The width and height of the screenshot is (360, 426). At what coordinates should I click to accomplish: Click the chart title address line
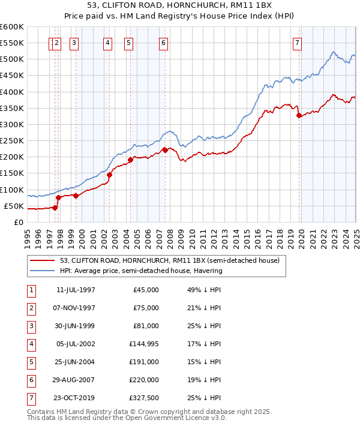(179, 7)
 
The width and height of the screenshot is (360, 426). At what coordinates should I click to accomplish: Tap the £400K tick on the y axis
(12, 92)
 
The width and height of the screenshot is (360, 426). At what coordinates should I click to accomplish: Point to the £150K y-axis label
(12, 173)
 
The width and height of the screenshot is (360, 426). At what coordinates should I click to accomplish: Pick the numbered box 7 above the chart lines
(298, 42)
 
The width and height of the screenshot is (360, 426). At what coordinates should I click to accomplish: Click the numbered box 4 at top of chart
(107, 42)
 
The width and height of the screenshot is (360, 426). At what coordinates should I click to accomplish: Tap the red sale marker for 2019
(299, 116)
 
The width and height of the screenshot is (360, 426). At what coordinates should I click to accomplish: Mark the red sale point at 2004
(130, 160)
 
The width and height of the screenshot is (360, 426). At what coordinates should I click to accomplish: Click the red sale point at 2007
(165, 151)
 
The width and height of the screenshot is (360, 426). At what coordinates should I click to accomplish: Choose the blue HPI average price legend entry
(141, 271)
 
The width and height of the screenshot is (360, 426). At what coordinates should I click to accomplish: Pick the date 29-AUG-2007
(76, 379)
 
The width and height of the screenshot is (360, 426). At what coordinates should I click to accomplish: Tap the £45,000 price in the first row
(145, 290)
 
